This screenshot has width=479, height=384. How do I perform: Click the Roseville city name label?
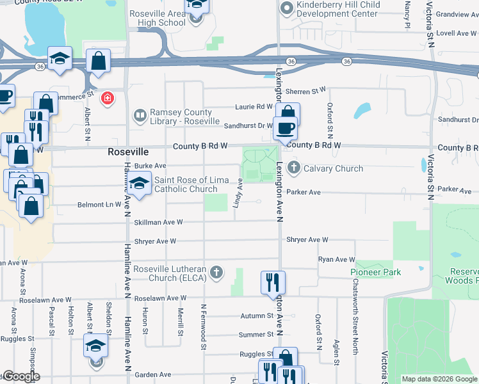click(x=127, y=152)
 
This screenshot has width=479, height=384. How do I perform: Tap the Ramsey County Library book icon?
click(x=139, y=116)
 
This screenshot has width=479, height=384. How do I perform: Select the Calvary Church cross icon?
click(x=294, y=169)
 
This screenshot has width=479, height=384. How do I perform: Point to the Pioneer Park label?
click(x=376, y=272)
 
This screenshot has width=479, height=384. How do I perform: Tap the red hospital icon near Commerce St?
click(x=108, y=98)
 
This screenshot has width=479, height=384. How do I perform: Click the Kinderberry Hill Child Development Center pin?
click(x=286, y=9)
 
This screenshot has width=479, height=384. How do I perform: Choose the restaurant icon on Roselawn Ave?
click(x=273, y=281)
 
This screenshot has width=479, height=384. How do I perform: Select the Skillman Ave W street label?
click(x=158, y=222)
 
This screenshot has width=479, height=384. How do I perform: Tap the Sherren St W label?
click(x=305, y=91)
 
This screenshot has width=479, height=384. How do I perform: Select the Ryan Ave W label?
click(x=336, y=259)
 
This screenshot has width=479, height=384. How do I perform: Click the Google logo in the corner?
click(x=20, y=376)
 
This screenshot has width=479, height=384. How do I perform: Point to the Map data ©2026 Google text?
click(x=439, y=379)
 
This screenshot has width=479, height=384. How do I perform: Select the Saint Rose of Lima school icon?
click(x=138, y=184)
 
